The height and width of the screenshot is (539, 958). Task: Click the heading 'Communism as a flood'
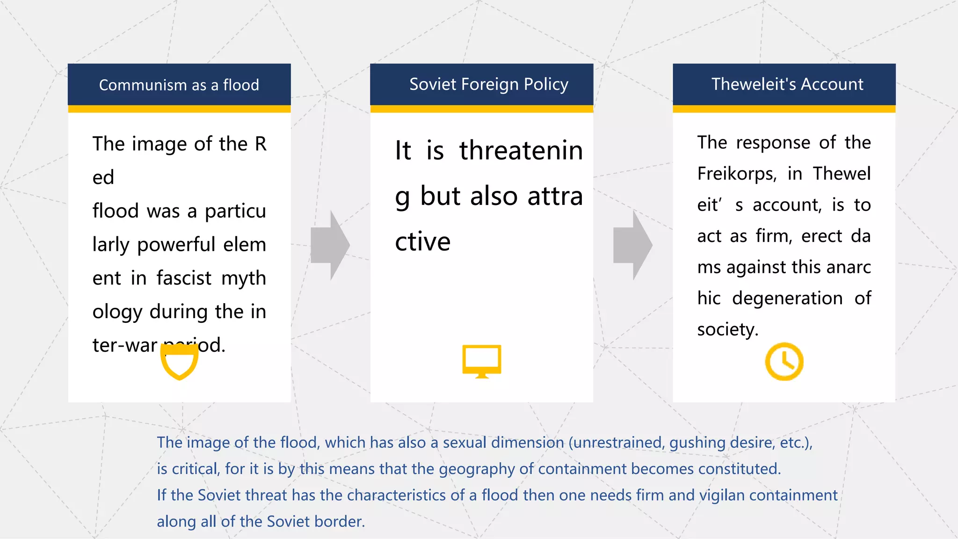tap(179, 85)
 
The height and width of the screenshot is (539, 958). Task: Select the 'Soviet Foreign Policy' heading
tap(488, 84)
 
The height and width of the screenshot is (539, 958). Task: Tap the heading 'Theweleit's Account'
tap(787, 84)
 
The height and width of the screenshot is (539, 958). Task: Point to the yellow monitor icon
tap(481, 361)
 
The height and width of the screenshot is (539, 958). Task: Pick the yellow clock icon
tap(784, 362)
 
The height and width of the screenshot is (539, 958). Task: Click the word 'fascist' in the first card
tap(184, 278)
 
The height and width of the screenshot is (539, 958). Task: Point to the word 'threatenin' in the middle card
tap(521, 151)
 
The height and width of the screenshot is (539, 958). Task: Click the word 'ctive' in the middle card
tap(422, 242)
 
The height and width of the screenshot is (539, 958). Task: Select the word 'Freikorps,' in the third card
tap(737, 174)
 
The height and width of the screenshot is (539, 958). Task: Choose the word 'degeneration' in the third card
tap(787, 299)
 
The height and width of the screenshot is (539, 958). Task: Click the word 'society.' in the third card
tap(727, 329)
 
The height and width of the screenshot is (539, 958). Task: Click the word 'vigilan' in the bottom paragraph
tap(722, 495)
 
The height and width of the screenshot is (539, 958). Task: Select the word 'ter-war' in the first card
tap(124, 345)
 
